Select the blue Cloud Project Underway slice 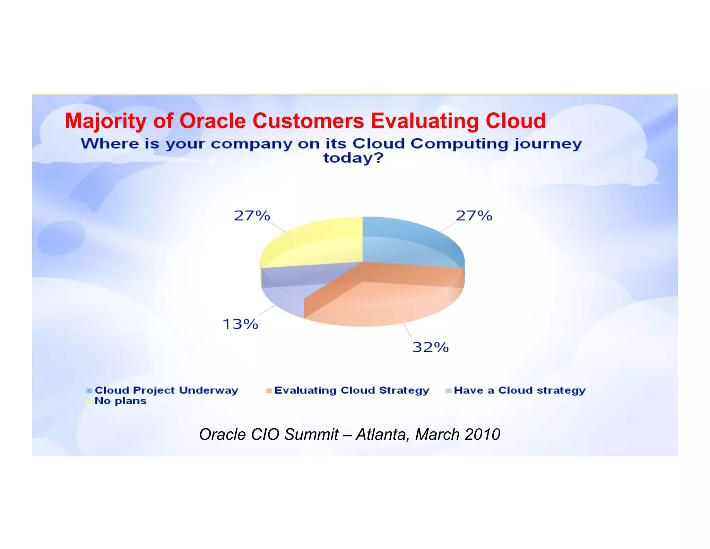tap(409, 243)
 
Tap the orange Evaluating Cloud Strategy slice tap(381, 298)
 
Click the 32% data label tap(430, 347)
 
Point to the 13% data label tap(240, 324)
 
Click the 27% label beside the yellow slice tap(252, 216)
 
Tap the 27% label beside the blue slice tap(474, 216)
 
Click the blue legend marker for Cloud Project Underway tap(89, 391)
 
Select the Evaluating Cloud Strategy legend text tap(352, 390)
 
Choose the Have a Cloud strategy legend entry tap(519, 390)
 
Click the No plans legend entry tap(120, 401)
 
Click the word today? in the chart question tap(353, 158)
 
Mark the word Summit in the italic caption tap(311, 434)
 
